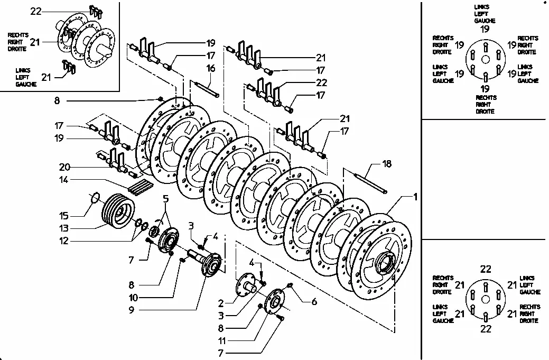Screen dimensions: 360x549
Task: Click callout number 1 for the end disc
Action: (x=415, y=197)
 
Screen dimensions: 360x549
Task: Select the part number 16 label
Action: (x=211, y=68)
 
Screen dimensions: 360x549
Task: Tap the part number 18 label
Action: (x=387, y=164)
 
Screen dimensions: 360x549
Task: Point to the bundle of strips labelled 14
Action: (x=139, y=187)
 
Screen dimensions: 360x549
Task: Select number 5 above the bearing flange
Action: (x=165, y=199)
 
